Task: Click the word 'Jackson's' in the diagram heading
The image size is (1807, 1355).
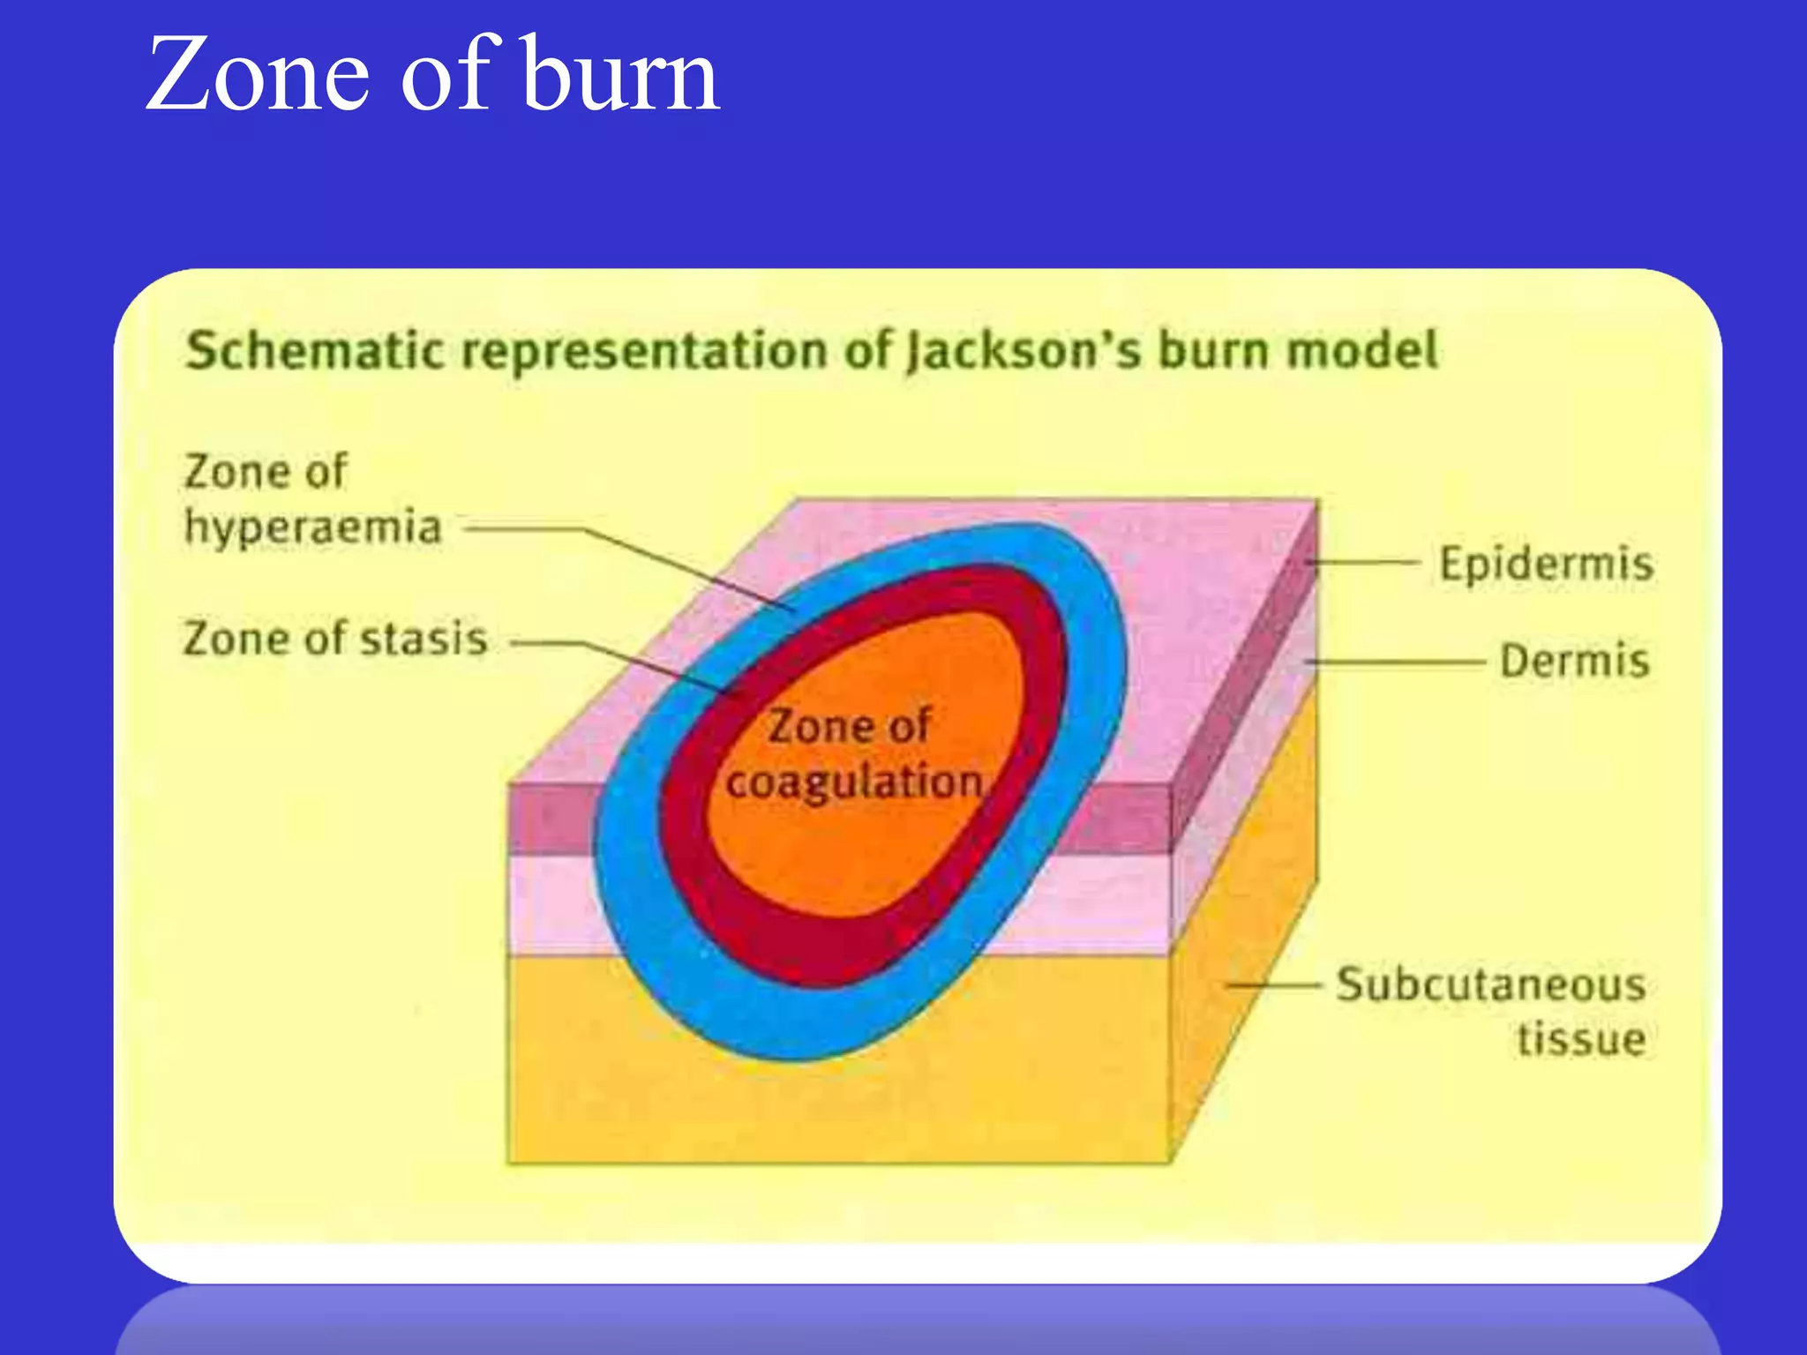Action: [1024, 350]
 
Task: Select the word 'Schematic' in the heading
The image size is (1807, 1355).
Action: [314, 350]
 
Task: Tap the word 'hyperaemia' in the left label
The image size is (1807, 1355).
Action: [312, 528]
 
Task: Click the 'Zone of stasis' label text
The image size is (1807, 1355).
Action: [334, 639]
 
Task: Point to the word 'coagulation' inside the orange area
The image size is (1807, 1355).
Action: [854, 782]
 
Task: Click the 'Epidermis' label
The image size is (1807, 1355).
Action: [1546, 564]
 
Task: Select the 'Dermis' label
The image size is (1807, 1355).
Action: [1575, 661]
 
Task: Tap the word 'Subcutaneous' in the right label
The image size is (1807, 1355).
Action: [1491, 984]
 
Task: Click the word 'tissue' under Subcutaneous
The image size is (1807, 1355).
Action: [1581, 1039]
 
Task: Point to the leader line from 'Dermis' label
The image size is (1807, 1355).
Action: [1403, 661]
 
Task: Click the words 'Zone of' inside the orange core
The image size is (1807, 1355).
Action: [849, 726]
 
